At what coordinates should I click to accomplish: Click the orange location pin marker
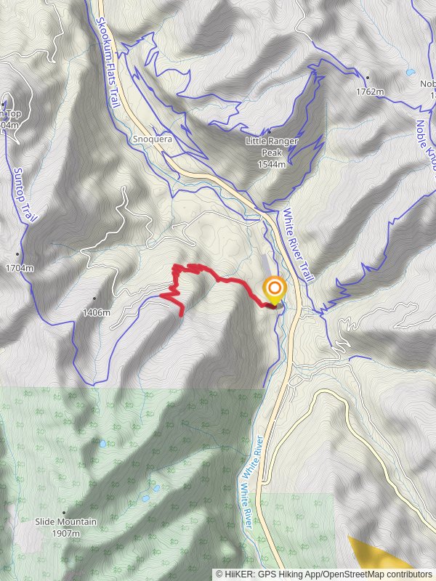[x=274, y=291]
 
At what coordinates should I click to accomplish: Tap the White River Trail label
[x=298, y=246]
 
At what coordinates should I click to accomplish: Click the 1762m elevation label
[x=371, y=92]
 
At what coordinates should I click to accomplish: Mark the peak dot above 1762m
[x=368, y=78]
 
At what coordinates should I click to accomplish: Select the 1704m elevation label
[x=20, y=268]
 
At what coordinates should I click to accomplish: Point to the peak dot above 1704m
[x=17, y=254]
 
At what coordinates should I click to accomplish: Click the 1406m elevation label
[x=96, y=312]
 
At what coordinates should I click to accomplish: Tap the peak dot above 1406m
[x=94, y=298]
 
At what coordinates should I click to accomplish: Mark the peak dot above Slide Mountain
[x=63, y=512]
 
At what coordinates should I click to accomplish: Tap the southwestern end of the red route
[x=181, y=314]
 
